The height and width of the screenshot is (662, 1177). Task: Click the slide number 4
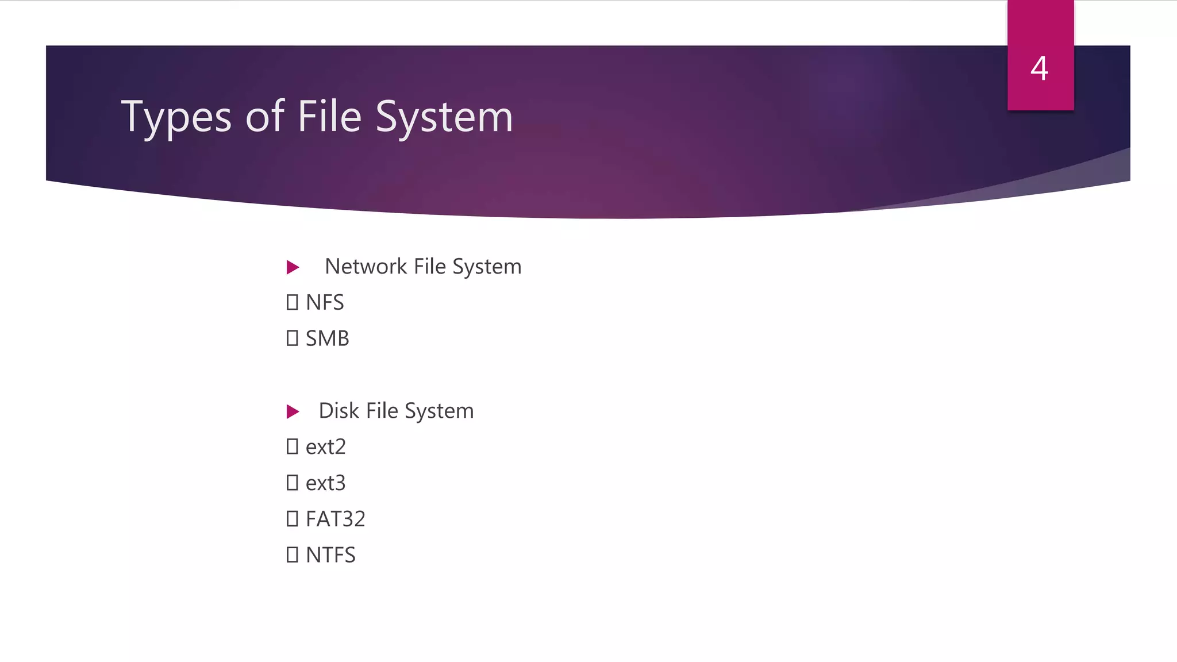click(x=1039, y=68)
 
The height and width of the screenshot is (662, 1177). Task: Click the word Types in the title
click(x=176, y=117)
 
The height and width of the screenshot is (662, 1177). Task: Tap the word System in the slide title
click(x=444, y=117)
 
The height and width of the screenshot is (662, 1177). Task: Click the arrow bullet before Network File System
click(x=293, y=267)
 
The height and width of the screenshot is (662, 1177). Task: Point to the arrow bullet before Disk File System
click(x=293, y=411)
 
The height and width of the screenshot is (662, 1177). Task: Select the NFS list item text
click(x=325, y=303)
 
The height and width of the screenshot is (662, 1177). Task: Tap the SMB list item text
click(x=327, y=338)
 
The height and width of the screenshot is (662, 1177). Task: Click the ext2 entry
click(x=326, y=447)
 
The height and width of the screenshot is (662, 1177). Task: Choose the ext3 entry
click(x=326, y=483)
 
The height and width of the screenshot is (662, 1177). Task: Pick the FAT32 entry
click(x=336, y=519)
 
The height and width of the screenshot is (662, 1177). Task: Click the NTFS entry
click(x=330, y=555)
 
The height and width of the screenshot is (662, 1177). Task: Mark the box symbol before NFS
click(x=292, y=302)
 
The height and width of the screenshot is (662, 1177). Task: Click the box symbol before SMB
click(x=292, y=338)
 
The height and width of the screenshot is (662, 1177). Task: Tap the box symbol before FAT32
click(x=292, y=519)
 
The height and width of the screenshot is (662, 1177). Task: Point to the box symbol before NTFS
click(x=292, y=555)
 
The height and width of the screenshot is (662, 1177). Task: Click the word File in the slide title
click(x=329, y=117)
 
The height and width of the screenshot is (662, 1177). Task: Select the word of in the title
click(x=264, y=117)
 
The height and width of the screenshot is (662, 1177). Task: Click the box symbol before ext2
click(x=292, y=447)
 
